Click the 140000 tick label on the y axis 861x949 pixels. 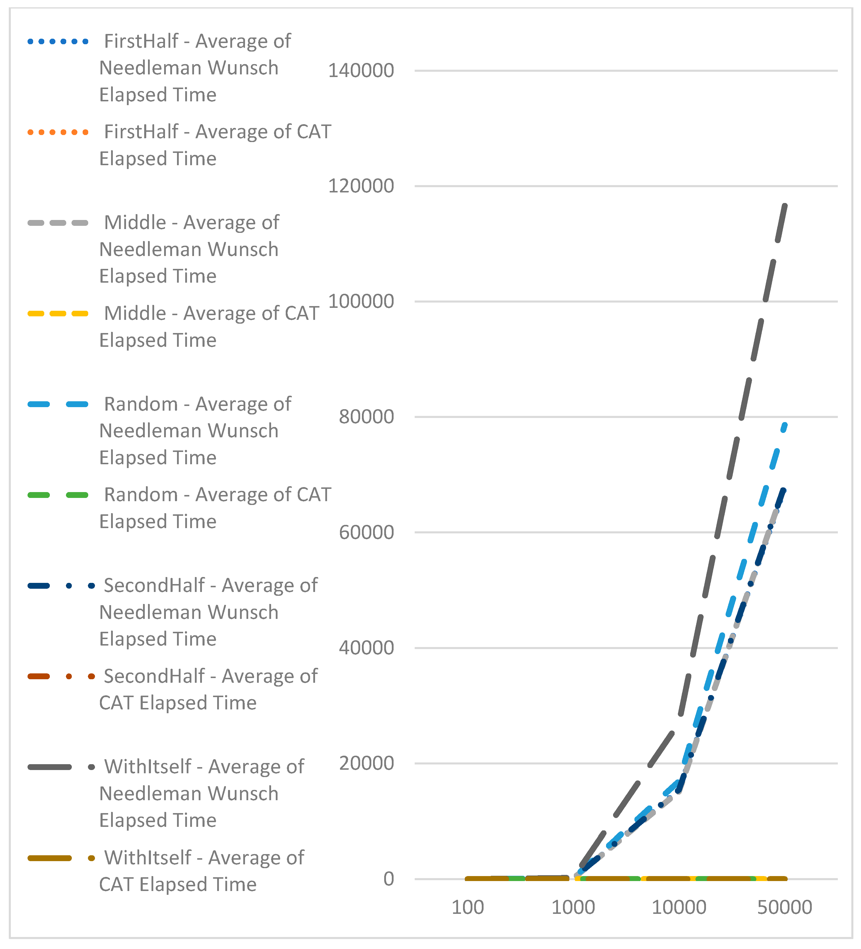pos(361,71)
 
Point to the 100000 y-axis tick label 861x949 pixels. pos(361,301)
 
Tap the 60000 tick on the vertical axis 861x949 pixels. pos(366,532)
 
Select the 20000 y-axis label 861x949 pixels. pos(366,763)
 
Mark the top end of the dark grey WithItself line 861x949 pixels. pos(785,205)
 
